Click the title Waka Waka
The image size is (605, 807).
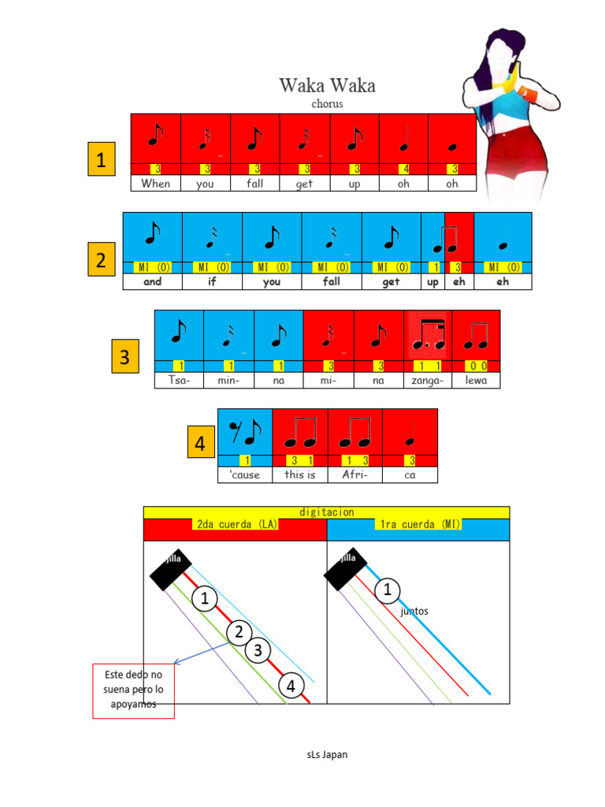(327, 85)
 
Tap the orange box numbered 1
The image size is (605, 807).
(101, 160)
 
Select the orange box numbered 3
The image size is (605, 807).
(124, 357)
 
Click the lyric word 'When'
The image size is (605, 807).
(155, 184)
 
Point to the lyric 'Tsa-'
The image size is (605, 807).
(178, 381)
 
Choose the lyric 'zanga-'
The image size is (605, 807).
(428, 381)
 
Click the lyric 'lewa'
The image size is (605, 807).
(476, 381)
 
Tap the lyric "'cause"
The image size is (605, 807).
(244, 475)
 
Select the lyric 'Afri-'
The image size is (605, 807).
(355, 475)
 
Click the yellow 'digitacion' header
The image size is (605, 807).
(326, 512)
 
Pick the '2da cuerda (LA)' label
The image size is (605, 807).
(234, 524)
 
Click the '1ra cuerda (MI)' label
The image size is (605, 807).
(418, 524)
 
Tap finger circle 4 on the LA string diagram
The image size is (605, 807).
(291, 686)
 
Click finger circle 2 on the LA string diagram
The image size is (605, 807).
(239, 632)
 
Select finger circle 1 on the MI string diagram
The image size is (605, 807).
(387, 589)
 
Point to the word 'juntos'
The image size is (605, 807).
(414, 611)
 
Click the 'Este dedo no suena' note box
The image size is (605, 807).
(133, 690)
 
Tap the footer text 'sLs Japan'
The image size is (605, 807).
(327, 754)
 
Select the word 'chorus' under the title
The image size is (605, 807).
(327, 103)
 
